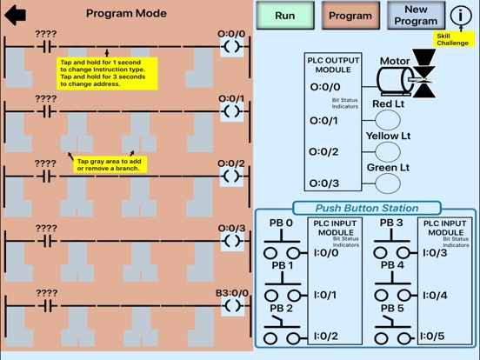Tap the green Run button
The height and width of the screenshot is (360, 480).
click(x=283, y=16)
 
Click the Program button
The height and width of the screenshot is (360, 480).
click(x=350, y=16)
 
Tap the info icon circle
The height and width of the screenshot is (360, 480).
click(x=461, y=16)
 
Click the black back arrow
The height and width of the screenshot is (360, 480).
click(x=16, y=15)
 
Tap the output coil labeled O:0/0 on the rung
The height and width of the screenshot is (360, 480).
click(x=230, y=47)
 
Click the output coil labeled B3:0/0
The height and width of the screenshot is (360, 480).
click(x=230, y=306)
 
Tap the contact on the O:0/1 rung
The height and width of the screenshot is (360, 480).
click(x=46, y=111)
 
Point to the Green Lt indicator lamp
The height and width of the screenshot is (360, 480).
click(x=388, y=183)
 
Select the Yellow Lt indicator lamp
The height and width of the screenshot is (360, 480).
click(x=388, y=152)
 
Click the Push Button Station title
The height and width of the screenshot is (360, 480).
click(x=366, y=208)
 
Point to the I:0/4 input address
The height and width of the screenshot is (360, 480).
click(x=437, y=295)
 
